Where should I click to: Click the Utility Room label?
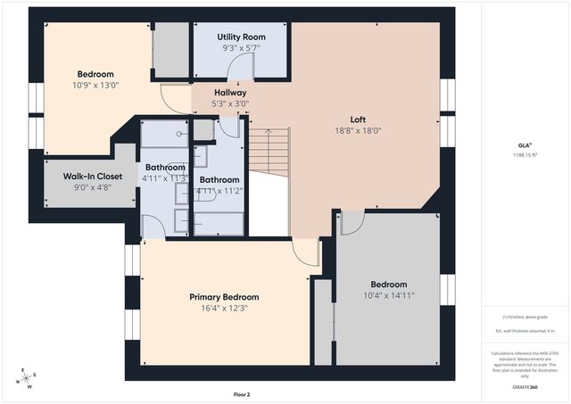click(242, 37)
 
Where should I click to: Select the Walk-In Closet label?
click(93, 176)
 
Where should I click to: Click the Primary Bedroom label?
click(223, 297)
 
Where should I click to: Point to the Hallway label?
click(230, 92)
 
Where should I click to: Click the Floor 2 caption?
click(242, 393)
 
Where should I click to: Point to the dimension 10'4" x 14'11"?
click(389, 295)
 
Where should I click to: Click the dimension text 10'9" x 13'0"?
click(95, 85)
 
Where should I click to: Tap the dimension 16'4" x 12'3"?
click(223, 309)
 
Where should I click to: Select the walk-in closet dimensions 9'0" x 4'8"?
click(93, 187)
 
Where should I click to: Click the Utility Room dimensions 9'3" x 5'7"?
click(242, 48)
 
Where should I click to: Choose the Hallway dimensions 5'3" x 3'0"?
click(230, 103)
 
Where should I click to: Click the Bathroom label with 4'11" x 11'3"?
click(165, 167)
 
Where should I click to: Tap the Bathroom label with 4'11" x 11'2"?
click(219, 179)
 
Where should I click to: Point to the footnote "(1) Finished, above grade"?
click(525, 317)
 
